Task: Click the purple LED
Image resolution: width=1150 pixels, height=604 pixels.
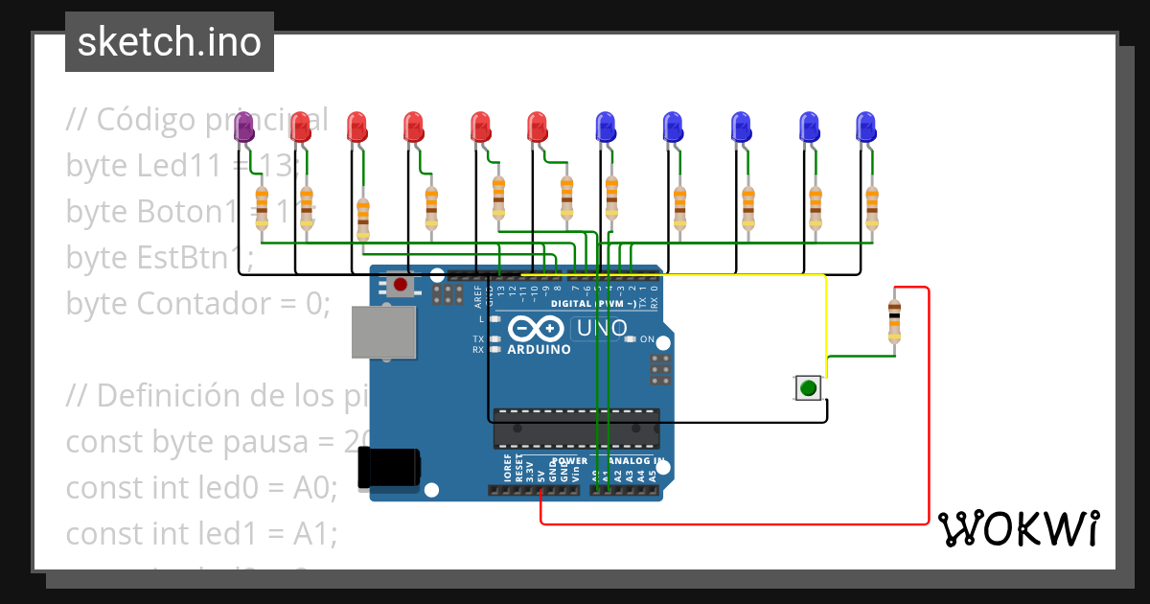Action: pyautogui.click(x=243, y=128)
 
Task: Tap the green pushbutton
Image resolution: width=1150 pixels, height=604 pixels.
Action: pyautogui.click(x=808, y=388)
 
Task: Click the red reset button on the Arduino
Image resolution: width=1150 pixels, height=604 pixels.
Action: pyautogui.click(x=400, y=285)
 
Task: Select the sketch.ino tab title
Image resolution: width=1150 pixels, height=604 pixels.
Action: pyautogui.click(x=170, y=42)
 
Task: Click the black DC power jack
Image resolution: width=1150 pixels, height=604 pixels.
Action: pyautogui.click(x=387, y=468)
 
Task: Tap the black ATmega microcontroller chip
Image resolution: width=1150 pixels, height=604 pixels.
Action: pyautogui.click(x=576, y=429)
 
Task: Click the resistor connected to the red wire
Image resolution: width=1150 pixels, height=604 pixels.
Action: pyautogui.click(x=893, y=319)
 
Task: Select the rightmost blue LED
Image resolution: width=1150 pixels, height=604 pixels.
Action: pyautogui.click(x=865, y=128)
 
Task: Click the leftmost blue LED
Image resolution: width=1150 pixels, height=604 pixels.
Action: pyautogui.click(x=606, y=128)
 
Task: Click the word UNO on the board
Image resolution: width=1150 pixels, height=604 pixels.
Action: pyautogui.click(x=601, y=329)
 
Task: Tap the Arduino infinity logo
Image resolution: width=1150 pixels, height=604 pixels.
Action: pyautogui.click(x=537, y=329)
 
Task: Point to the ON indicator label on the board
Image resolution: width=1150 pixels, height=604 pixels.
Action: pyautogui.click(x=647, y=339)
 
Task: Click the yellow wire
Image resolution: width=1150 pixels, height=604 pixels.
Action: pyautogui.click(x=825, y=316)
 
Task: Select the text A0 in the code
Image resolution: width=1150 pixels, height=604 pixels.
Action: pyautogui.click(x=312, y=487)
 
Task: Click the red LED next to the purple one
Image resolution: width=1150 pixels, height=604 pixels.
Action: pyautogui.click(x=300, y=128)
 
